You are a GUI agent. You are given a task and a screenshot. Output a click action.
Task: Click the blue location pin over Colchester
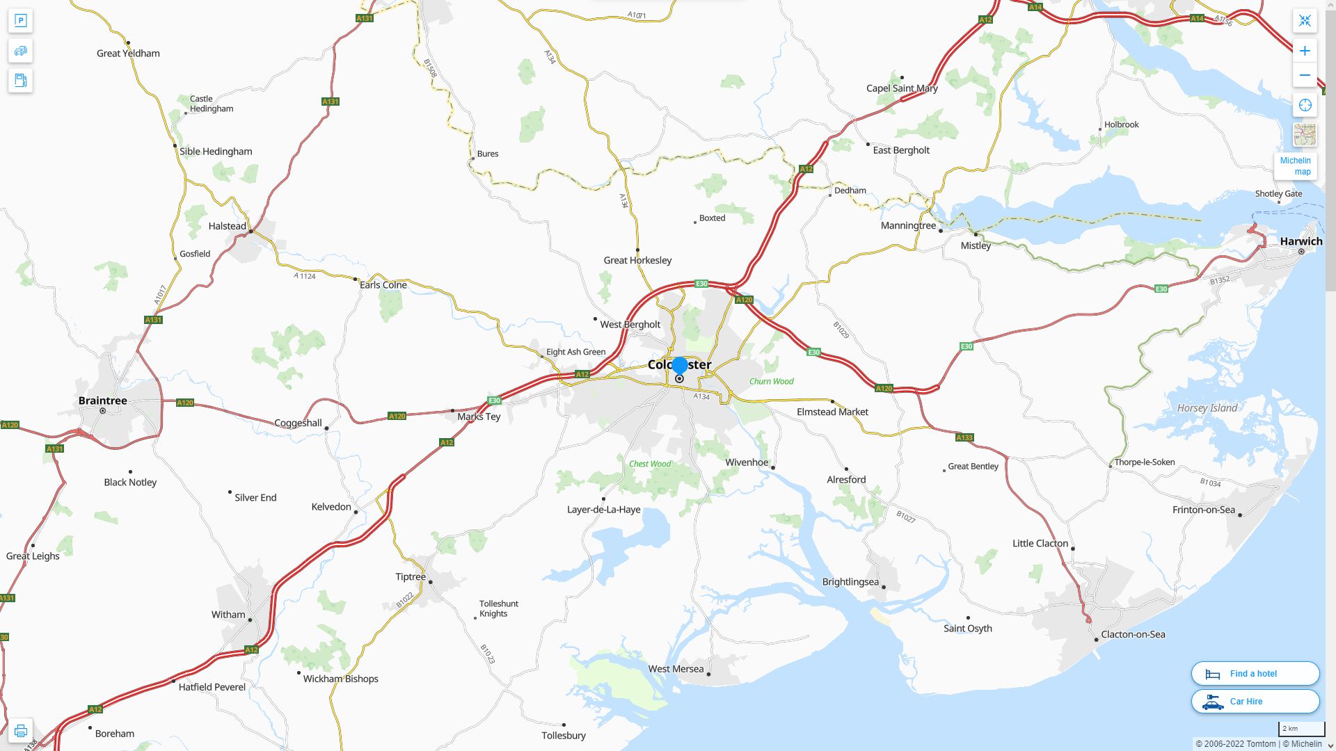click(x=680, y=366)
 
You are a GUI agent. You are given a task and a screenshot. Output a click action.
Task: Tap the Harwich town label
click(x=1301, y=241)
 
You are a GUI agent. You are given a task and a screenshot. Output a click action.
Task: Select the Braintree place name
click(x=102, y=401)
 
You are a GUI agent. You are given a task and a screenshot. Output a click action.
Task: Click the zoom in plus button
click(x=1305, y=51)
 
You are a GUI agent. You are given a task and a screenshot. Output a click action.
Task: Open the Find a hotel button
click(x=1255, y=673)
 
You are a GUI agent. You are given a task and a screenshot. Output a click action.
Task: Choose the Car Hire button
click(x=1255, y=701)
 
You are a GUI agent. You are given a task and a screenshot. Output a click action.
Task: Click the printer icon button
click(x=20, y=730)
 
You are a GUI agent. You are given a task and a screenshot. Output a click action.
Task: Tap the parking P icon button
click(x=20, y=21)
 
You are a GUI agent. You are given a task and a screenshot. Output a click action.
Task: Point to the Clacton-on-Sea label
click(x=1132, y=634)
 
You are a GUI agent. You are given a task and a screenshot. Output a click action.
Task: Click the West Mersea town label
click(x=676, y=669)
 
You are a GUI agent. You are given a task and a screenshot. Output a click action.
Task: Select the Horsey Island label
click(x=1207, y=408)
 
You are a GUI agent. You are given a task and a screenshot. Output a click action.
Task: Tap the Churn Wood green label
click(x=771, y=381)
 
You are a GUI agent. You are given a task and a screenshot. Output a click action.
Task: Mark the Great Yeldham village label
click(x=128, y=54)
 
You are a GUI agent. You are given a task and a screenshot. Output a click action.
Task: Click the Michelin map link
click(x=1295, y=165)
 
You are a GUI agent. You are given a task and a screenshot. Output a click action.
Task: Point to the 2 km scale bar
click(x=1301, y=729)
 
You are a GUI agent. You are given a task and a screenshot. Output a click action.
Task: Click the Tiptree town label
click(x=410, y=576)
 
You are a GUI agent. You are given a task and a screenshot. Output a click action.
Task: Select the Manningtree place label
click(x=908, y=225)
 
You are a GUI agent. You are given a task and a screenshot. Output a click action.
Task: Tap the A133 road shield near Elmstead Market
click(x=964, y=437)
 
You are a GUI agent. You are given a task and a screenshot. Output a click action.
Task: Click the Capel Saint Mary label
click(x=901, y=88)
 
